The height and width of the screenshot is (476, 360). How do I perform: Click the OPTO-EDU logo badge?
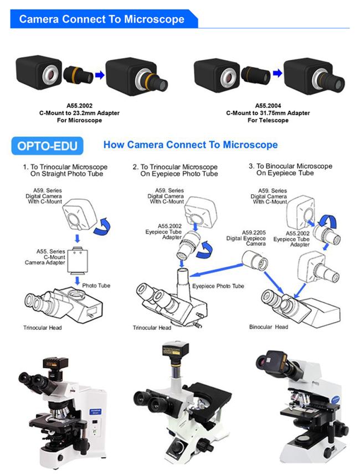click(47, 146)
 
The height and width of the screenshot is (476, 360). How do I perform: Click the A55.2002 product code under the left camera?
click(80, 106)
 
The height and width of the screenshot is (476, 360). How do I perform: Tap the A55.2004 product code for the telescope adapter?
click(268, 106)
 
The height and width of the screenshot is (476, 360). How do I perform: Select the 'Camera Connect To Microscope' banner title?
click(102, 19)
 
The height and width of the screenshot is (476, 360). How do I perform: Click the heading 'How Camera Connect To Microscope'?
click(191, 144)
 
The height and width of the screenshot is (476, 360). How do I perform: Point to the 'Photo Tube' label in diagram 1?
click(96, 286)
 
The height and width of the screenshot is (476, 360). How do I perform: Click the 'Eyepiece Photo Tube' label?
click(218, 286)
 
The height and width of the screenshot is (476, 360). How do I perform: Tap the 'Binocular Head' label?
click(269, 327)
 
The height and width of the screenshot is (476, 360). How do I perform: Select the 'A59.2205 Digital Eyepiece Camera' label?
click(246, 238)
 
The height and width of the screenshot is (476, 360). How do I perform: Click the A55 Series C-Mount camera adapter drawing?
click(78, 261)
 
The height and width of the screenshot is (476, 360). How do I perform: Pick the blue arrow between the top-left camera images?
click(100, 75)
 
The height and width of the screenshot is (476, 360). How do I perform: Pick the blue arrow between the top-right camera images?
click(277, 73)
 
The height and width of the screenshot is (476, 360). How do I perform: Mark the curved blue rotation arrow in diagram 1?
click(102, 226)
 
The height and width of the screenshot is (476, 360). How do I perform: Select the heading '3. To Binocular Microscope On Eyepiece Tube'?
click(290, 169)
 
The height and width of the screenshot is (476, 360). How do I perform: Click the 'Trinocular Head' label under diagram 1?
click(43, 328)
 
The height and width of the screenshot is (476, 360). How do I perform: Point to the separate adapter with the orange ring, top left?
click(79, 74)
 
